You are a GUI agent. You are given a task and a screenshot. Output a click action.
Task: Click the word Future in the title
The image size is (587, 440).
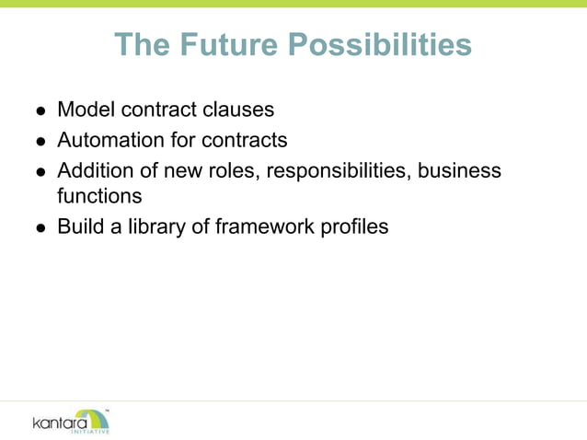pyautogui.click(x=224, y=44)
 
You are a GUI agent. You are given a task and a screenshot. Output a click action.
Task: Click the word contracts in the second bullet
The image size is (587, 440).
pyautogui.click(x=244, y=140)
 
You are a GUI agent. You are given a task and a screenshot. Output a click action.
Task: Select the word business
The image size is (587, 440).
pyautogui.click(x=462, y=171)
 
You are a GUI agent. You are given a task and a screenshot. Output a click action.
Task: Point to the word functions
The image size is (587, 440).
pyautogui.click(x=99, y=195)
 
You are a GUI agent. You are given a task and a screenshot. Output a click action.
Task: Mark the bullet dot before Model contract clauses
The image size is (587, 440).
pyautogui.click(x=40, y=111)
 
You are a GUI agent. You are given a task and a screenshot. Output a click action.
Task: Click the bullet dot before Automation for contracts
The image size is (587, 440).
pyautogui.click(x=40, y=142)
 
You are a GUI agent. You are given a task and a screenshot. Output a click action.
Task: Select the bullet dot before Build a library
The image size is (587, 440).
pyautogui.click(x=40, y=227)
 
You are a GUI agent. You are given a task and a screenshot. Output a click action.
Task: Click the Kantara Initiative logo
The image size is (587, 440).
pyautogui.click(x=72, y=421)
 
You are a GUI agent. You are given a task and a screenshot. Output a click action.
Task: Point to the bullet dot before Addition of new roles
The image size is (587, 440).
pyautogui.click(x=40, y=173)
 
